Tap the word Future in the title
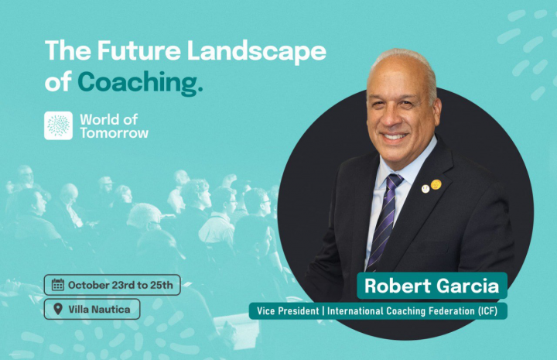pos(139,50)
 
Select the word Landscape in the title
pos(257,52)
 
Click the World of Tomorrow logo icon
pos(58,125)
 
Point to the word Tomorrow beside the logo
pos(114,133)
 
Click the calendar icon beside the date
pos(58,285)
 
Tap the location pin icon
pos(58,309)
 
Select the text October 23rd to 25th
pos(121,285)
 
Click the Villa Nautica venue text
pos(99,310)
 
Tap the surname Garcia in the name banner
pos(468,286)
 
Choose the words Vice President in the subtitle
pos(288,311)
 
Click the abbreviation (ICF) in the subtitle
pos(487,311)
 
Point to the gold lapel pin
pos(436,184)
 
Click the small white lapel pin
pos(425,189)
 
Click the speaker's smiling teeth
pos(395,136)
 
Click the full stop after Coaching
pos(200,90)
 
